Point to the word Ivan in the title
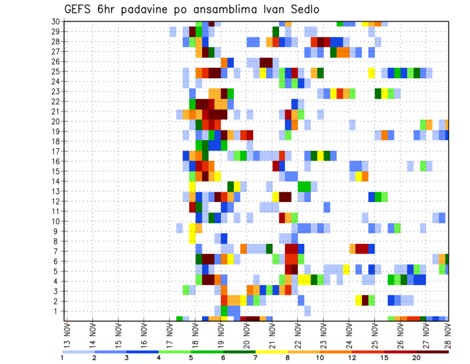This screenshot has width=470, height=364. (x=264, y=9)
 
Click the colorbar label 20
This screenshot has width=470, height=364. (x=417, y=358)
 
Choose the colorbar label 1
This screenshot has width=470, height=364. (x=62, y=358)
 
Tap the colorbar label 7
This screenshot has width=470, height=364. (x=256, y=358)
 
